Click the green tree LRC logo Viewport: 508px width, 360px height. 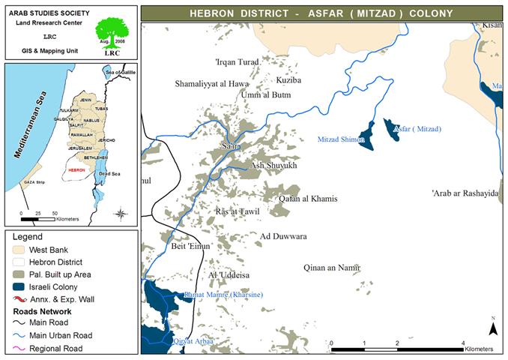click(x=112, y=34)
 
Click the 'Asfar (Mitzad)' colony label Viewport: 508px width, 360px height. click(x=418, y=129)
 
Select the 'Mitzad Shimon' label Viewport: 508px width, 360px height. click(x=342, y=139)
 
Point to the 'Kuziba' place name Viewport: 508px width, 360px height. click(x=288, y=79)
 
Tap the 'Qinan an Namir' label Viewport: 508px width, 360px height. click(x=333, y=267)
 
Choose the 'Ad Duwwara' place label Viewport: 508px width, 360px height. click(x=283, y=236)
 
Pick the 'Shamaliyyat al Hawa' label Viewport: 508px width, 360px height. click(x=211, y=84)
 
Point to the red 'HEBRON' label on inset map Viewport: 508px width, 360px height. click(x=76, y=170)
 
